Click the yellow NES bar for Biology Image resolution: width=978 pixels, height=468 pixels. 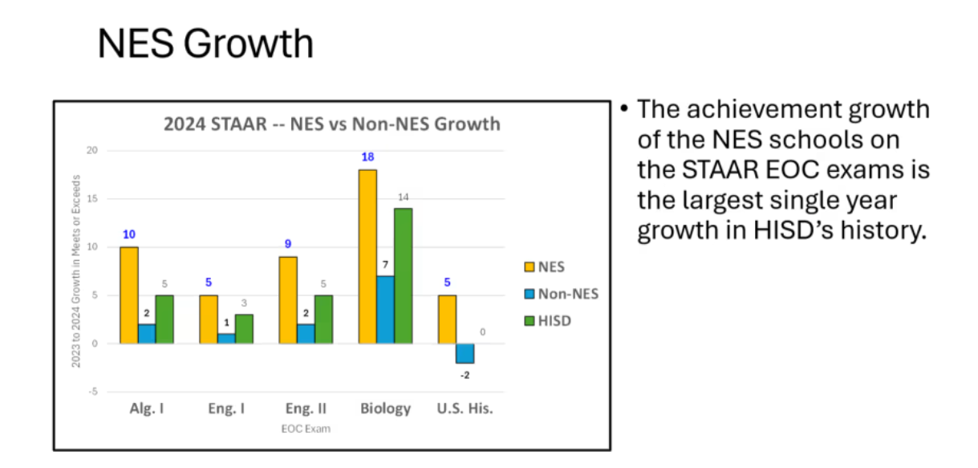click(x=367, y=257)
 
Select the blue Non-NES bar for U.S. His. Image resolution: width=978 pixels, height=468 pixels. click(x=465, y=353)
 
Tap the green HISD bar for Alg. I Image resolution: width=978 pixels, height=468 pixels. click(x=164, y=319)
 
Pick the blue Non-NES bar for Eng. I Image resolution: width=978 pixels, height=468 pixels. click(x=226, y=339)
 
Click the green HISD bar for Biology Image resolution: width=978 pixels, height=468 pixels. click(x=403, y=276)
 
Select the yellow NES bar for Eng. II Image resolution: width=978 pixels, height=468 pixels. click(x=288, y=300)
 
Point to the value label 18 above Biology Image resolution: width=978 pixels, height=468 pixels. click(x=367, y=157)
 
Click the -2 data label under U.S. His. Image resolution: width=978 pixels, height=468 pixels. click(x=465, y=376)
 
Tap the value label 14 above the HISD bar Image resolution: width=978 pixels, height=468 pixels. click(x=404, y=197)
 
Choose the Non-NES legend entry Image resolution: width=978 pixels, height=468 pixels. click(x=562, y=294)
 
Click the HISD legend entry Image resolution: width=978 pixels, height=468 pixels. click(x=548, y=321)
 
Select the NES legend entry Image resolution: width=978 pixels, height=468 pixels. click(x=545, y=267)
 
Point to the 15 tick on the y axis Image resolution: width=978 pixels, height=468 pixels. click(x=92, y=199)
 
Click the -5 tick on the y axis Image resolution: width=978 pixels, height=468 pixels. click(x=93, y=392)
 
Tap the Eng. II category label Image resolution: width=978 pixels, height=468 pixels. click(x=306, y=409)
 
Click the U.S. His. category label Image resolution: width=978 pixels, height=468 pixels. click(x=465, y=409)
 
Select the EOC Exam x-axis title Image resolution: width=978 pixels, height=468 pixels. click(x=306, y=429)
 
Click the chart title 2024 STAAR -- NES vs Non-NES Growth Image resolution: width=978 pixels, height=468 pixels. click(x=332, y=124)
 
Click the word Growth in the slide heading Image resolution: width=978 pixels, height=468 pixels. click(x=249, y=43)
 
